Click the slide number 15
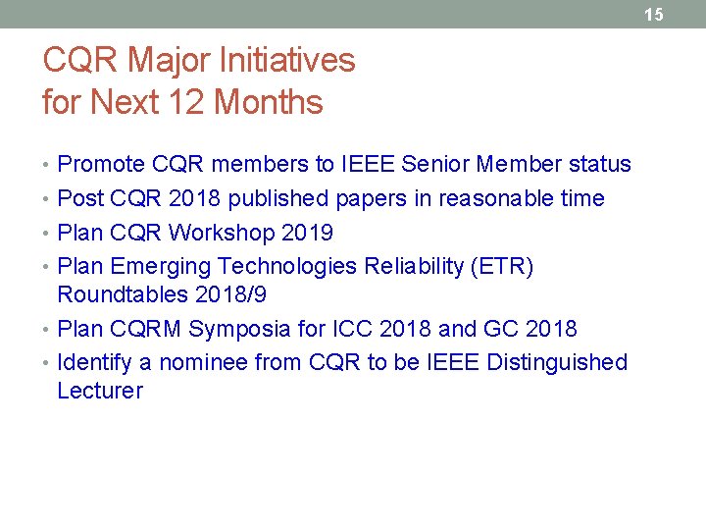tap(654, 14)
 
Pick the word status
tap(600, 164)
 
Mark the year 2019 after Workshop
tap(307, 233)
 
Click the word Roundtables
tap(123, 294)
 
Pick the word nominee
tap(203, 363)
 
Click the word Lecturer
tap(100, 391)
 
